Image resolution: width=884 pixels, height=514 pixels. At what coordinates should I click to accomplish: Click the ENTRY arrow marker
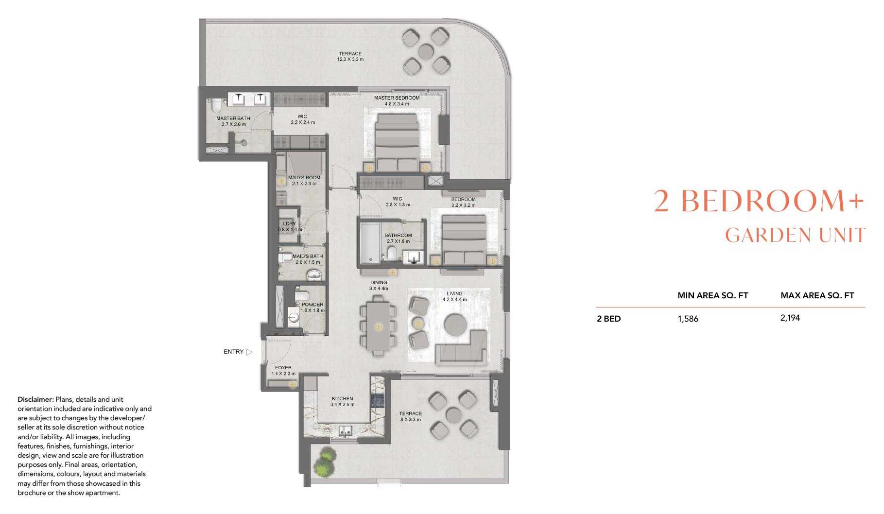tap(249, 352)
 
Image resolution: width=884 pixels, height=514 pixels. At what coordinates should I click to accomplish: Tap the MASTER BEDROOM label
tap(397, 98)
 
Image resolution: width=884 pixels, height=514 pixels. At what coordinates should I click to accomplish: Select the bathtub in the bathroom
tap(370, 243)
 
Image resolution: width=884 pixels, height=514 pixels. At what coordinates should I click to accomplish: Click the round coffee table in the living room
tap(456, 324)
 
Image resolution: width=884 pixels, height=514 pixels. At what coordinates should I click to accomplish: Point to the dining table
tap(378, 326)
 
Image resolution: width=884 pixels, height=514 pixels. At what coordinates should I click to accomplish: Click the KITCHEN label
tap(342, 398)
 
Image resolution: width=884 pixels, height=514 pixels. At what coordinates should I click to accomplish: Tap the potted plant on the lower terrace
tap(324, 462)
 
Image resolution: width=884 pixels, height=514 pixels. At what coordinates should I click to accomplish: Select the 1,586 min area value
tap(688, 319)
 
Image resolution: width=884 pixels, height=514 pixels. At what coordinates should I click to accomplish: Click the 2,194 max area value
tap(790, 318)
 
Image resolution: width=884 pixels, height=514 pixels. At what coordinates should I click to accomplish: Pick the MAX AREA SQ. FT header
tap(817, 295)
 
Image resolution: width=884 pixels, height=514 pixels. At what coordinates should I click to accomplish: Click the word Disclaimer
tap(35, 399)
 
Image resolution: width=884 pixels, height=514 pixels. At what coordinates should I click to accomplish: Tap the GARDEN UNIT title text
tap(796, 235)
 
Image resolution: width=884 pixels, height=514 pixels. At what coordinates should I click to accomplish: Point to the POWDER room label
tap(312, 305)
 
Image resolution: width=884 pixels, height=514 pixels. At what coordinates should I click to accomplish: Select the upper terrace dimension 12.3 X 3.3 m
tap(350, 59)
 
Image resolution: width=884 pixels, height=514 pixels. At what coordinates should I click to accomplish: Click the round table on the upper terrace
tap(426, 51)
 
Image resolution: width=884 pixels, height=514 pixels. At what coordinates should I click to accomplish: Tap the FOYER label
tap(283, 368)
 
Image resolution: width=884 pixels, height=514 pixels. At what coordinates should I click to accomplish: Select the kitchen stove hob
tap(378, 400)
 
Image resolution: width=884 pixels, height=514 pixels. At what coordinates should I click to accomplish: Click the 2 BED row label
tap(608, 319)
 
